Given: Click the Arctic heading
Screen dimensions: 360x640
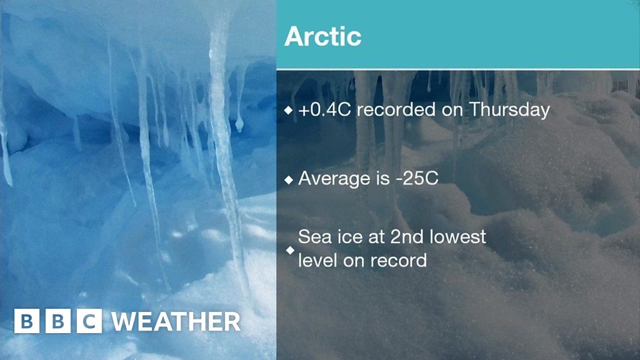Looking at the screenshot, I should point(322,36).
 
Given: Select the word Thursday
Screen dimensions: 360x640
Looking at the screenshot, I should point(509,110).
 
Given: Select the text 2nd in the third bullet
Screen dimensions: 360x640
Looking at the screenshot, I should point(418,237).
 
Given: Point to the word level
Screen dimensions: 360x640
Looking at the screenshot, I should point(317,260).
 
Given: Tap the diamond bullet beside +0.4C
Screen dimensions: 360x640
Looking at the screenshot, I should point(288,111).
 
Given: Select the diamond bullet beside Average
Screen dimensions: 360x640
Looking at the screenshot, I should point(288,179).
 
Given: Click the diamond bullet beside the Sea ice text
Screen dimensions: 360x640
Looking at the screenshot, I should point(289,250).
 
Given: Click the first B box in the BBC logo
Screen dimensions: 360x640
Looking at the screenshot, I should point(26,321).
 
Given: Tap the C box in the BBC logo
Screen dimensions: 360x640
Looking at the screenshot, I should point(89,321).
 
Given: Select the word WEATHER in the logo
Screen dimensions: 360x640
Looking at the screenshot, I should point(176,322).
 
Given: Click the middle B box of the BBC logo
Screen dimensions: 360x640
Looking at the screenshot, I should point(58,321).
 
